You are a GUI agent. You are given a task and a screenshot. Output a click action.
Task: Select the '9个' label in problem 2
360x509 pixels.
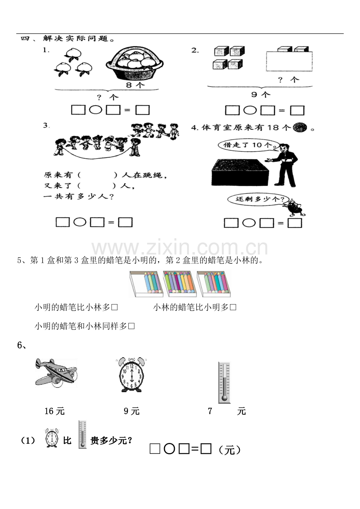coord(260,94)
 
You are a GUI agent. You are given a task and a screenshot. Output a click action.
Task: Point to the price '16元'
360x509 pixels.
coord(54,411)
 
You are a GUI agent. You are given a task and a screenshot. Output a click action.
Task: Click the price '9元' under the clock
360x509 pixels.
coord(131,411)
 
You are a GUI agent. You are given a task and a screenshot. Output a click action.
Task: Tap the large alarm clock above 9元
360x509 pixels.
coord(131,375)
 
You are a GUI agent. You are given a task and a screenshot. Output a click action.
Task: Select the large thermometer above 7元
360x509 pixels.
coord(224,382)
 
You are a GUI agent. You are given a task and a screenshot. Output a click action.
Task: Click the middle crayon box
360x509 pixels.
coord(179,282)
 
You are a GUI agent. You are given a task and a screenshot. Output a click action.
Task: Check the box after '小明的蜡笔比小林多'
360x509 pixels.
coord(115,308)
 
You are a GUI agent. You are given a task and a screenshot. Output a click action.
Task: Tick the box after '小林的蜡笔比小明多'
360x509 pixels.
coord(233,308)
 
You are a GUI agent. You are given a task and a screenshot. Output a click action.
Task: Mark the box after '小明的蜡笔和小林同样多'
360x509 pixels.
coord(131,326)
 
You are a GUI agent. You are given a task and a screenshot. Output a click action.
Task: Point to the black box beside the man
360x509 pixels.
coord(240,172)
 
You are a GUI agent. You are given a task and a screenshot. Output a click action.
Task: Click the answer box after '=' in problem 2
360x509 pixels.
coord(297,111)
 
